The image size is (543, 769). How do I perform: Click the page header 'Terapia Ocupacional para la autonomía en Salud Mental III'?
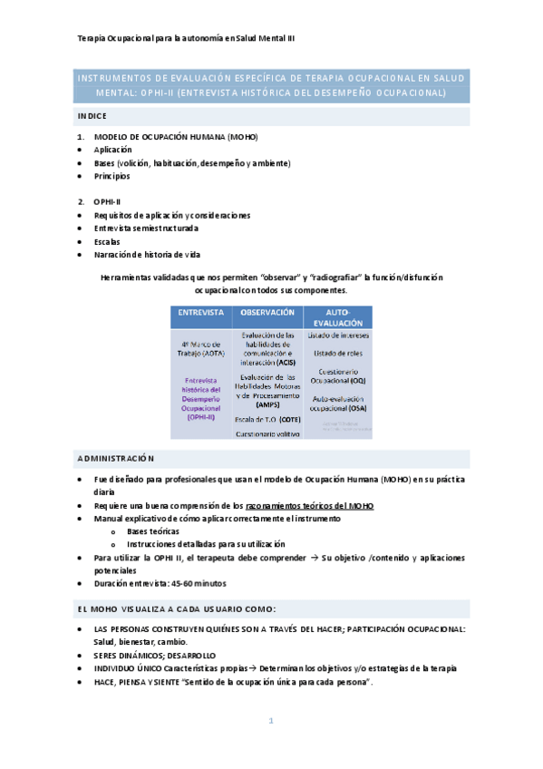click(186, 39)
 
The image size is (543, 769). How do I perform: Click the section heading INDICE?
click(92, 116)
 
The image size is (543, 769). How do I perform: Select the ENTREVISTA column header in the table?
click(200, 312)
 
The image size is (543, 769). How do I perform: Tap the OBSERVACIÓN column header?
click(267, 312)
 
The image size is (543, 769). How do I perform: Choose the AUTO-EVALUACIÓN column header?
click(337, 316)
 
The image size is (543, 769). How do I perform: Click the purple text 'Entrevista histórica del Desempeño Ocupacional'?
click(201, 400)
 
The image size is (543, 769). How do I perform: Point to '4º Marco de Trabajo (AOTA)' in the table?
click(201, 349)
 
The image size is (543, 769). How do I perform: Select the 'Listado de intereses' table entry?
click(337, 336)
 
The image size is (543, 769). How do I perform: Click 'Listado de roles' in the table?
click(337, 353)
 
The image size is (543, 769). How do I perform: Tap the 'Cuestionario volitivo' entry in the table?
click(267, 434)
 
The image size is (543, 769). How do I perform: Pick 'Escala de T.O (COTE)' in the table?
click(267, 420)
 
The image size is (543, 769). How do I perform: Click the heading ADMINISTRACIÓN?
click(116, 459)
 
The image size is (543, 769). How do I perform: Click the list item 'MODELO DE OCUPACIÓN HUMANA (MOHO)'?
click(176, 136)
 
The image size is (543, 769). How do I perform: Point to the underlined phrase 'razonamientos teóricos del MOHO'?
click(309, 505)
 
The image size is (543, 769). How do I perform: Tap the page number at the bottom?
click(270, 721)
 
